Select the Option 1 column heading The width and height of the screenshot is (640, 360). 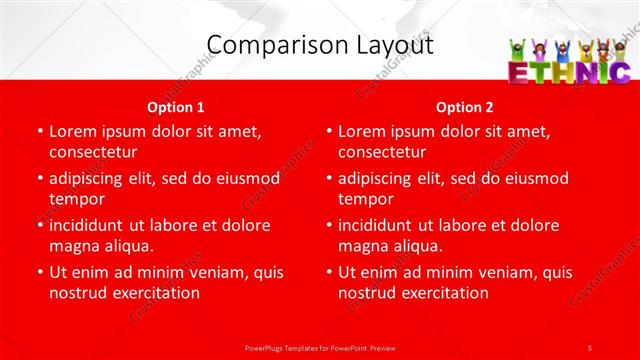pos(176,107)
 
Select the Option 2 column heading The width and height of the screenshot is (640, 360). pos(464,107)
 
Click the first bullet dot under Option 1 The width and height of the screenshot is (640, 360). pos(39,131)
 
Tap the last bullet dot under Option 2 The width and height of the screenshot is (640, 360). pos(328,272)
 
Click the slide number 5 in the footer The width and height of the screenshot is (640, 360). pos(590,346)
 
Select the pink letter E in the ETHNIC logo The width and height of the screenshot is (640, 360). pos(520,72)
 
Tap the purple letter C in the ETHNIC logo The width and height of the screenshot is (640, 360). pos(618,72)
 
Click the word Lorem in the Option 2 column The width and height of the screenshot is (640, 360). pos(362,131)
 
